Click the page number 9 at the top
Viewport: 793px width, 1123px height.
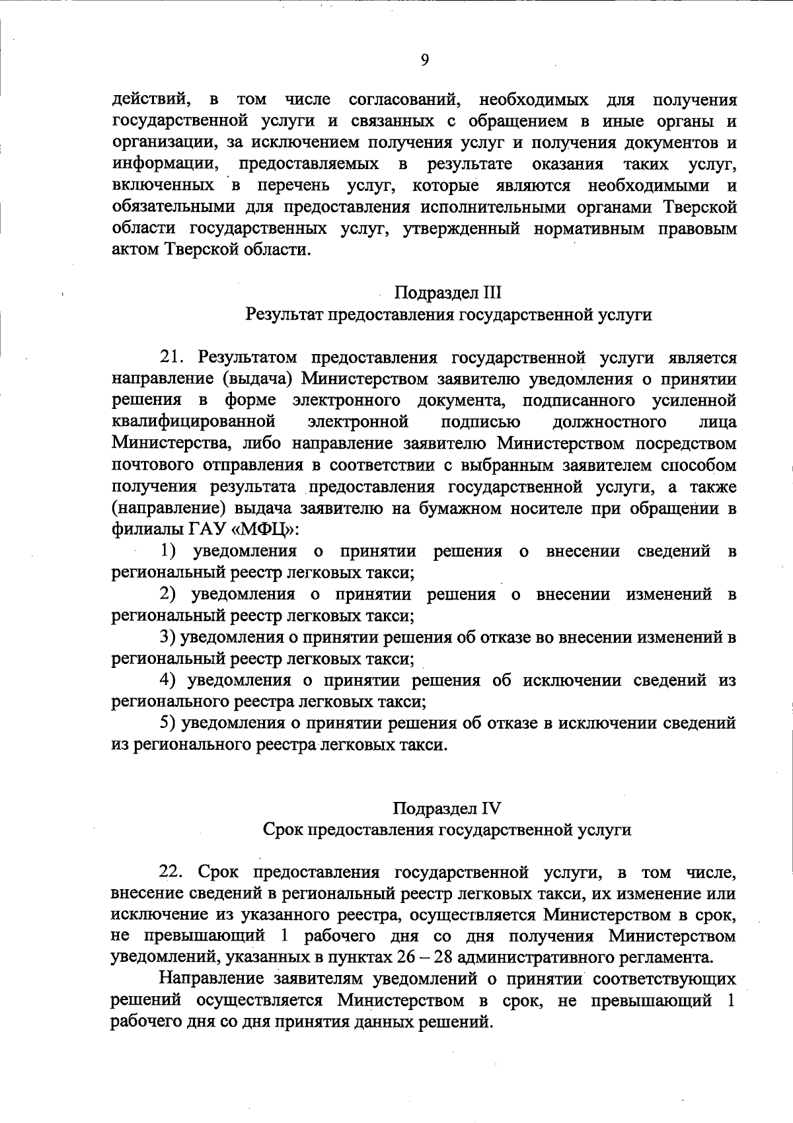(424, 60)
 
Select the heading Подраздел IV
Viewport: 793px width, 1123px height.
(447, 808)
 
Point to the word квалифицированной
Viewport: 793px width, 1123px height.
(193, 421)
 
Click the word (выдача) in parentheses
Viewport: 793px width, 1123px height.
(250, 379)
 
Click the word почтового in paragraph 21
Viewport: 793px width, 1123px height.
(153, 465)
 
